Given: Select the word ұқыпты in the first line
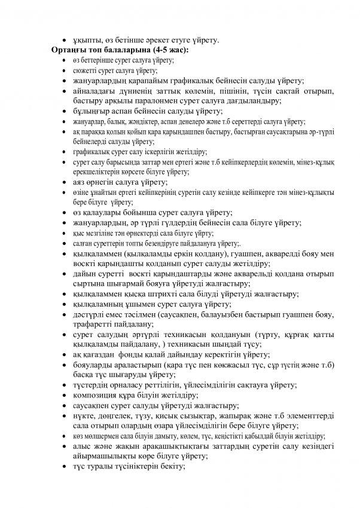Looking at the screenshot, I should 85,41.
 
